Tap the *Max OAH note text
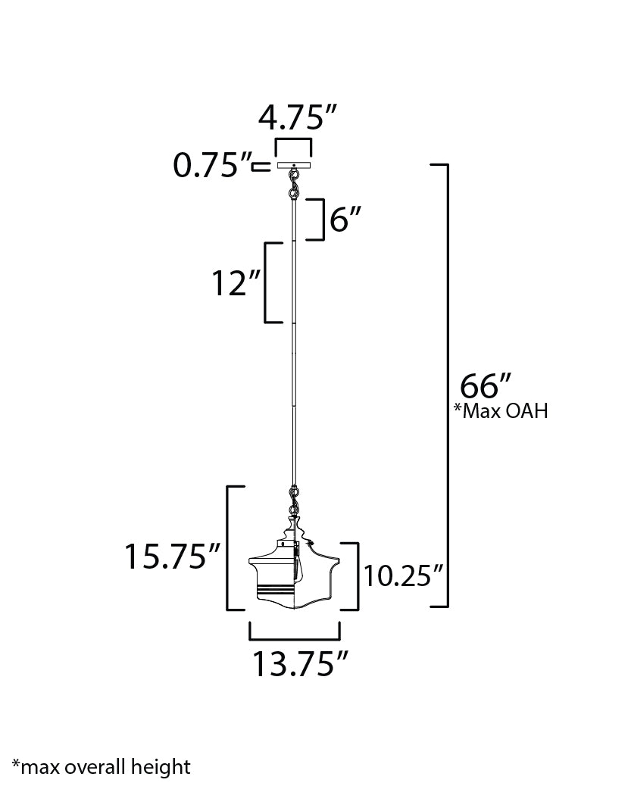click(x=500, y=411)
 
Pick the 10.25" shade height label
click(x=402, y=577)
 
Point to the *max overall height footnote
click(x=102, y=766)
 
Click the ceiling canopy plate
click(x=293, y=165)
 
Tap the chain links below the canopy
click(x=292, y=184)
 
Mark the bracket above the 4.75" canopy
click(x=293, y=145)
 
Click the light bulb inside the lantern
click(x=300, y=564)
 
